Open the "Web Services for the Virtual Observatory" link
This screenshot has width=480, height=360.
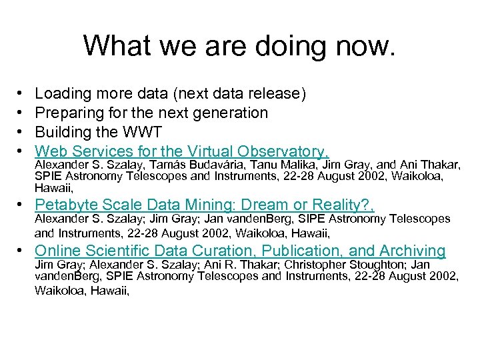181,151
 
